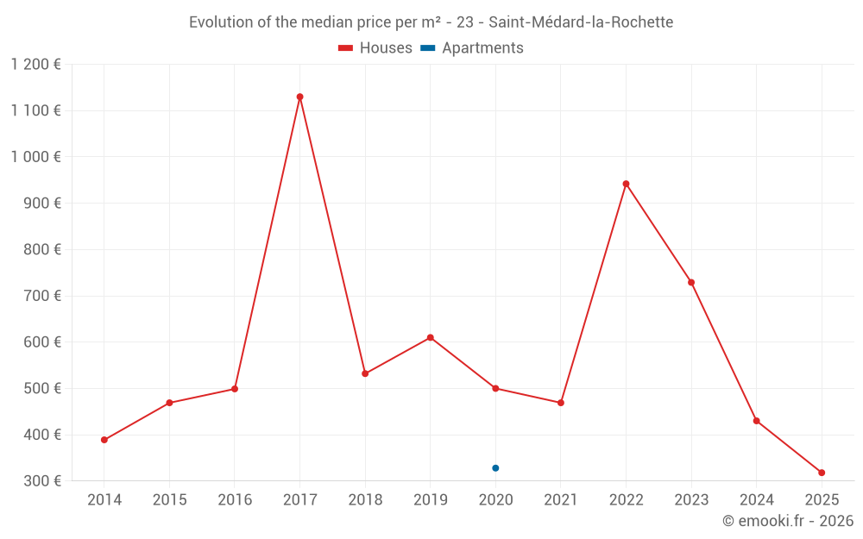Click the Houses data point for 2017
point(299,97)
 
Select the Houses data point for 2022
point(626,184)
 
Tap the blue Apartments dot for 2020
point(495,468)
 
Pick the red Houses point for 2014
point(104,440)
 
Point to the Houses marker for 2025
point(822,473)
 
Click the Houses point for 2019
point(430,337)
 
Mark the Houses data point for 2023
point(691,282)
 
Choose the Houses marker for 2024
point(756,421)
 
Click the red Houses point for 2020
point(495,388)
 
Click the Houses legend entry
point(375,48)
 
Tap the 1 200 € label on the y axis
point(36,64)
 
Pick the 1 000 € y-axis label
point(36,157)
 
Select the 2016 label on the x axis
point(235,500)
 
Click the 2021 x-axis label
point(561,500)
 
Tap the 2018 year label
point(365,500)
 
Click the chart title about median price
point(431,22)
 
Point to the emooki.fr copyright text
point(787,521)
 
